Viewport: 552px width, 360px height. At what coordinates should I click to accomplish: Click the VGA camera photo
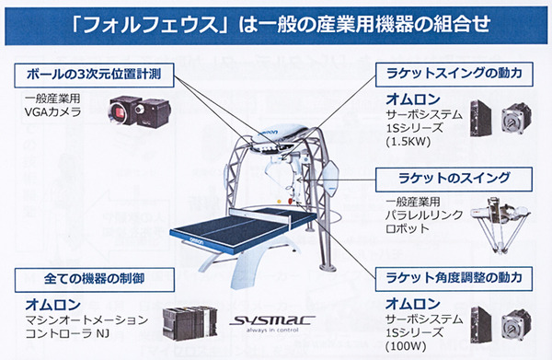pos(140,111)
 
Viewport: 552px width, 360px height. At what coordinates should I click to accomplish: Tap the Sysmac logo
pos(271,322)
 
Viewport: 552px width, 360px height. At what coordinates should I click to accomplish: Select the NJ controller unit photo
pos(190,323)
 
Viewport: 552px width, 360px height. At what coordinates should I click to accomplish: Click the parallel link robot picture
pos(500,224)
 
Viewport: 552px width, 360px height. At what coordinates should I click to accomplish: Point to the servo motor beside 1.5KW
pos(516,119)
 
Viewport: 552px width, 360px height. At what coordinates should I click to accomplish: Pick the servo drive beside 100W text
pos(481,323)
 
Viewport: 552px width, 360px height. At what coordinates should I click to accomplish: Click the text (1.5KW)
pos(408,142)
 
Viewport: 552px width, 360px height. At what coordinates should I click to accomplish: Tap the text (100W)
pos(406,346)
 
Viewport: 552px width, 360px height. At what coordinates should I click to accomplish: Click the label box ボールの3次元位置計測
pos(94,75)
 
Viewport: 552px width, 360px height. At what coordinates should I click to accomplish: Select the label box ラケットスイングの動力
pos(454,75)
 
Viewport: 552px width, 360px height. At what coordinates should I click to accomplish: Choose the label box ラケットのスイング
pos(454,180)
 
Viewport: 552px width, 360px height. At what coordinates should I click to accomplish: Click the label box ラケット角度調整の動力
pos(454,279)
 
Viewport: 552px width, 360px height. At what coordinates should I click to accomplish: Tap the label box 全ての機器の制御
pos(95,280)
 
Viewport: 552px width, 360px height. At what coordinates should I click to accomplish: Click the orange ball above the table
pos(279,202)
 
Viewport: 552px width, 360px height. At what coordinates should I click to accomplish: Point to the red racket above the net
pos(291,201)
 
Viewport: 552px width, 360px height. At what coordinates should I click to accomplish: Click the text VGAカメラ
pos(52,112)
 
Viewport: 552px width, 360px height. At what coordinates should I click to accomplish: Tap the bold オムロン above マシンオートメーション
pos(53,305)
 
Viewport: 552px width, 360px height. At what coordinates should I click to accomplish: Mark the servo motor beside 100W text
pos(516,325)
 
